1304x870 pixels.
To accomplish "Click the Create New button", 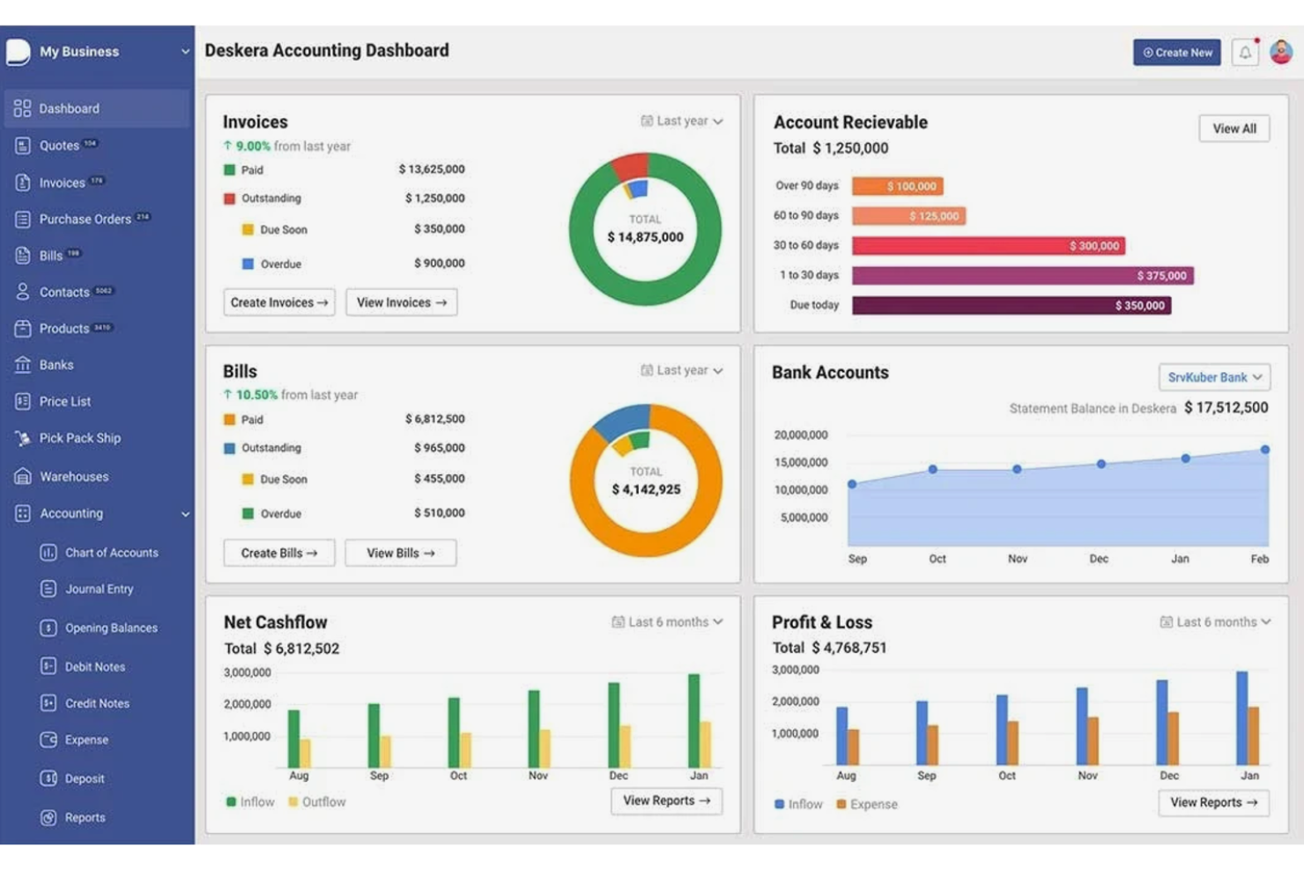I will [x=1176, y=53].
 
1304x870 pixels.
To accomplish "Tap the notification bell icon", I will [x=1245, y=53].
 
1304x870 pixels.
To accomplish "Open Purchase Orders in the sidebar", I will [x=85, y=219].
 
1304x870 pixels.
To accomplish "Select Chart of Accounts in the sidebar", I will [x=111, y=553].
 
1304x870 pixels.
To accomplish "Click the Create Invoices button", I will [x=278, y=302].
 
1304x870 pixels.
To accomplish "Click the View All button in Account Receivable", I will [x=1234, y=129].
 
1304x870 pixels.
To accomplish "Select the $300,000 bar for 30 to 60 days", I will [x=988, y=246].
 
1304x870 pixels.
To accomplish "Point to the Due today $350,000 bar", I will [x=1011, y=306].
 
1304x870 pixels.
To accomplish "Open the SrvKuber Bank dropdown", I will [x=1213, y=377].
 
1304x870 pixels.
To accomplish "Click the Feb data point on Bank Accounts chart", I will [x=1265, y=450].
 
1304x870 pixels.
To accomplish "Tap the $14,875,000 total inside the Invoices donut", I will [x=645, y=237].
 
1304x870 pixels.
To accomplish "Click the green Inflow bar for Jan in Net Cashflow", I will [x=693, y=720].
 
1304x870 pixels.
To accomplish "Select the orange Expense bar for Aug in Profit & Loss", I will [x=853, y=747].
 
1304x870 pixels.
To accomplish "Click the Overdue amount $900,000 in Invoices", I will [x=439, y=264].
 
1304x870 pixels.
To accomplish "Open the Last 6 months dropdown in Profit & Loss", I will [x=1215, y=622].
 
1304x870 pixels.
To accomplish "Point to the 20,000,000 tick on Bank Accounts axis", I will [x=800, y=435].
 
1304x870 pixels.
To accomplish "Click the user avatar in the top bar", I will [x=1281, y=52].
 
